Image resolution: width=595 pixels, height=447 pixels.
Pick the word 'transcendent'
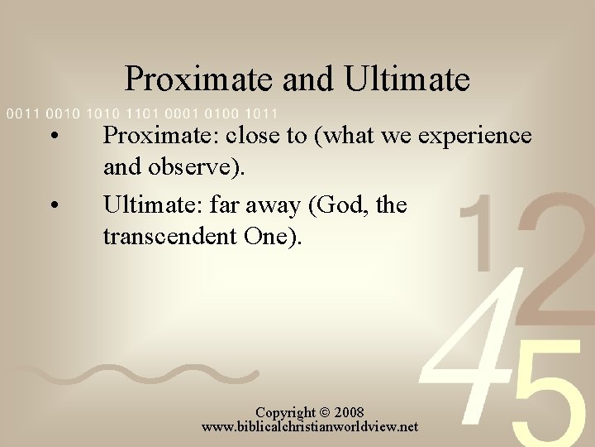169,238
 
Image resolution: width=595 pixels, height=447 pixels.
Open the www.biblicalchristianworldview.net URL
310,427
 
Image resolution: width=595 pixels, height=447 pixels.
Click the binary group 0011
21,113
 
